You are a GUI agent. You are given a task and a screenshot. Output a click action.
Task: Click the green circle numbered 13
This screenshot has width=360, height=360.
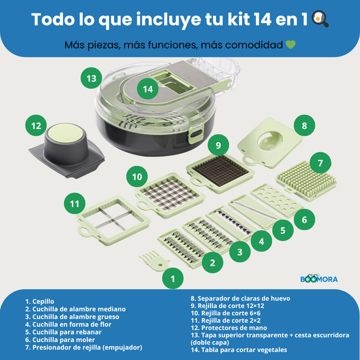click(x=91, y=79)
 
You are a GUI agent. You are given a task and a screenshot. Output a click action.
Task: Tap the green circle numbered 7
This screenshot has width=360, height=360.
click(x=320, y=163)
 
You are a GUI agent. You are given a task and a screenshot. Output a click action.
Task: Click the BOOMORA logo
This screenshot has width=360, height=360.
click(x=319, y=278)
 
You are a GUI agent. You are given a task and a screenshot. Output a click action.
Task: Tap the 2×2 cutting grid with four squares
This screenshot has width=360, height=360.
click(x=113, y=217)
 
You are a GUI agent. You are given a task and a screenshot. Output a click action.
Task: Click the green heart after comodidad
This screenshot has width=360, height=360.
click(x=290, y=45)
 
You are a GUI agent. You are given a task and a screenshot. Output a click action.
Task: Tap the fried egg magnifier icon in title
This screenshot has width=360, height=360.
click(x=320, y=19)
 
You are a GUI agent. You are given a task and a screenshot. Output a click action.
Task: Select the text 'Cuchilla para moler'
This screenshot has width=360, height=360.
click(x=63, y=340)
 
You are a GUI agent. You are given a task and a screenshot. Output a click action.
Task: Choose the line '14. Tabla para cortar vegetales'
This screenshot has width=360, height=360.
click(x=238, y=350)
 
